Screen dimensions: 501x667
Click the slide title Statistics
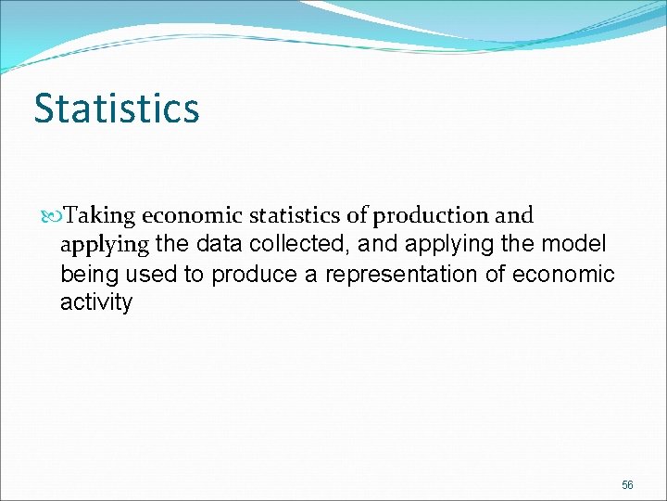pos(117,109)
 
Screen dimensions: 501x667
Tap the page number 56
pos(627,486)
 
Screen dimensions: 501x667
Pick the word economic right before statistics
pos(193,216)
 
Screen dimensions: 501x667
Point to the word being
pos(90,276)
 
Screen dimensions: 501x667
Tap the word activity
pos(96,303)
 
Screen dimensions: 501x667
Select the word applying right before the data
pos(104,247)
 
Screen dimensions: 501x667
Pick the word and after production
pos(514,216)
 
